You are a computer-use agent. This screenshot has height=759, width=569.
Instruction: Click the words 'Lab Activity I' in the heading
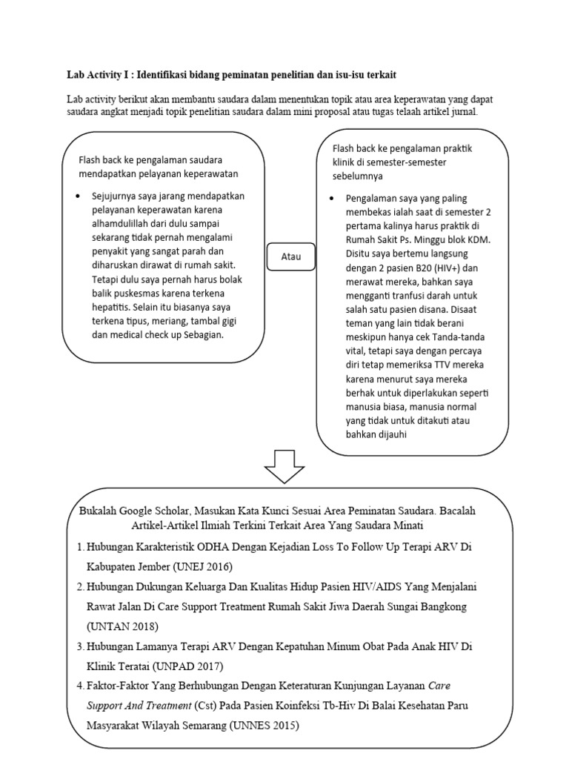[x=99, y=76]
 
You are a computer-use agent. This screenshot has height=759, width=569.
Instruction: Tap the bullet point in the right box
[x=330, y=199]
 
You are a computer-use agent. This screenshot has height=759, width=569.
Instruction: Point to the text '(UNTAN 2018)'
[x=122, y=626]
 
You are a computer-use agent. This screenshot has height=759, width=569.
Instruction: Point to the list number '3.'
[x=80, y=646]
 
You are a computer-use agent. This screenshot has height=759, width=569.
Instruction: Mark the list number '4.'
[x=80, y=686]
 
